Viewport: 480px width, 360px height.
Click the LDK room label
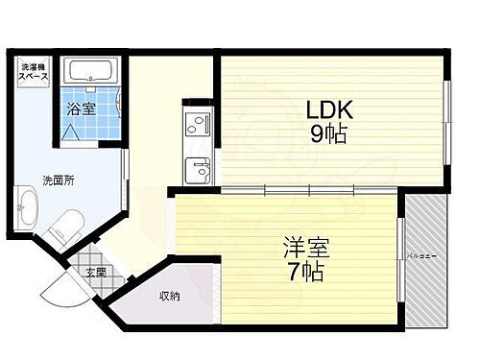(326, 108)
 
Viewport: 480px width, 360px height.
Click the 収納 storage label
(169, 296)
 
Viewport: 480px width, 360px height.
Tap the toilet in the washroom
(60, 229)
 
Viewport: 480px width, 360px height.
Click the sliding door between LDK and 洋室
(307, 190)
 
